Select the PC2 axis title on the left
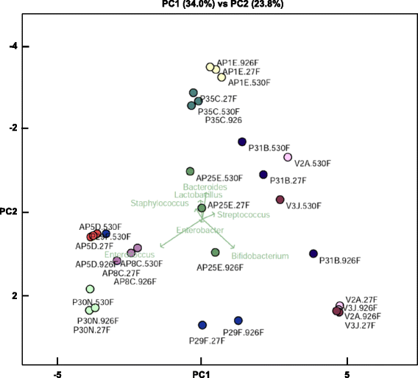[13, 212]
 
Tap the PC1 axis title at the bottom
[201, 374]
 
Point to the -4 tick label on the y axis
[13, 46]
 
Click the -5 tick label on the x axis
[57, 374]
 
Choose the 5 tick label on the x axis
[347, 374]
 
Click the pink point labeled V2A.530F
[288, 157]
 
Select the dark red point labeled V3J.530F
[280, 200]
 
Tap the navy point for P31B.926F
[313, 253]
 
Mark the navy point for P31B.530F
[242, 141]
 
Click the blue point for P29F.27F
[202, 325]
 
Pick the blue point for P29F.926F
[238, 321]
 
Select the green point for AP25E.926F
[215, 252]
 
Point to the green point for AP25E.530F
[190, 171]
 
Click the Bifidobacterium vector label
[255, 256]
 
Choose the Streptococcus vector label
[244, 214]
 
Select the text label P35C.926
[224, 119]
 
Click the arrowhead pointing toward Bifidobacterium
[233, 248]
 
